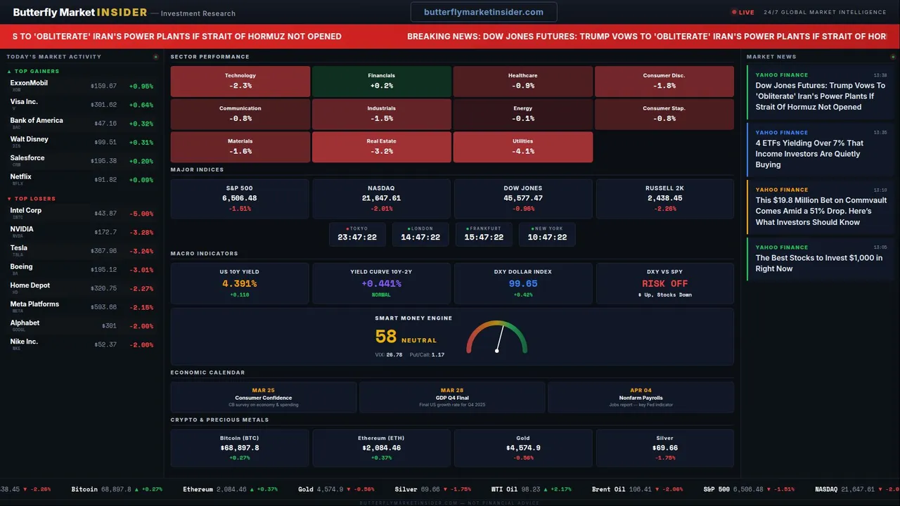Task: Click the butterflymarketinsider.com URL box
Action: pos(484,12)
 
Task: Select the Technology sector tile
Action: pos(240,81)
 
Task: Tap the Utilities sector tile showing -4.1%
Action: pos(523,147)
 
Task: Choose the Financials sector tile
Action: pos(381,81)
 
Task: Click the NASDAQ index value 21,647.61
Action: pos(381,198)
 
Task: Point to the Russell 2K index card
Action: pos(664,198)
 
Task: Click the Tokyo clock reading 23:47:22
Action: pos(357,238)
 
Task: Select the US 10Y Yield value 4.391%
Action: pos(240,284)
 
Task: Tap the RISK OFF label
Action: pos(664,284)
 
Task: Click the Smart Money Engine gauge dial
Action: pos(496,338)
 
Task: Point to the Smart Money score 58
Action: pos(386,337)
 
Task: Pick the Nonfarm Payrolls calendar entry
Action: pos(641,398)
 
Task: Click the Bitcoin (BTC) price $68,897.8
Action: pos(240,448)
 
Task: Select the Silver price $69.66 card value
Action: pos(664,448)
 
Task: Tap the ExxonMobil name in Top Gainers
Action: pos(29,83)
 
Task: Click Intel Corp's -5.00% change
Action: pos(141,214)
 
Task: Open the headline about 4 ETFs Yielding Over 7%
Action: pos(809,154)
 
